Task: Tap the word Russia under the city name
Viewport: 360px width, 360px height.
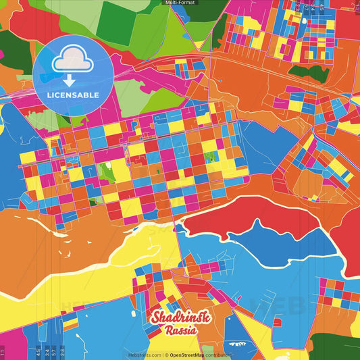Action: [180, 331]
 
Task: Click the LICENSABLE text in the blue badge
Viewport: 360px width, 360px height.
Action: [72, 94]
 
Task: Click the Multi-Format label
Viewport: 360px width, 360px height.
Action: [180, 3]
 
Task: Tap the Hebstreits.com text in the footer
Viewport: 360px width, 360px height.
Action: [143, 355]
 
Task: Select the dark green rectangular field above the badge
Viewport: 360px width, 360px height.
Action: [113, 20]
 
